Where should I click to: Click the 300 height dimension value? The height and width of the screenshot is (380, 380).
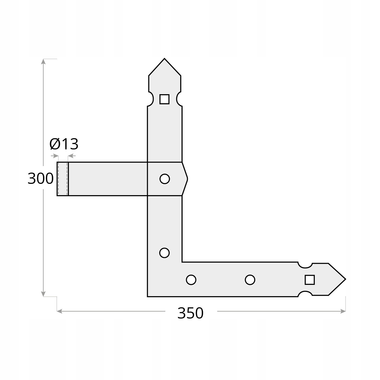coord(41,178)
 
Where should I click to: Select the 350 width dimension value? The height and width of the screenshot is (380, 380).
coord(190,313)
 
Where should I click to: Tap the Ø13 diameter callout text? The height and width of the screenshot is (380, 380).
coord(64,144)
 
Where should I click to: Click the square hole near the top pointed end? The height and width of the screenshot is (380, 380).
coord(164,99)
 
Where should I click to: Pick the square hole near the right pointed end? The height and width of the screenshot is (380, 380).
coord(310,280)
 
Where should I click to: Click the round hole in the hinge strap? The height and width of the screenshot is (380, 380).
coord(165,179)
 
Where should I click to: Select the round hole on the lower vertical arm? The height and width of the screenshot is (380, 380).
coord(164,253)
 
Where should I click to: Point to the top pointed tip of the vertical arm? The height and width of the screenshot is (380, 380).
coord(164,59)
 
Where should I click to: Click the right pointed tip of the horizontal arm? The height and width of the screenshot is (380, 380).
coord(345,279)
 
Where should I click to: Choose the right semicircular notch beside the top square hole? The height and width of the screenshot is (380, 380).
coord(179,99)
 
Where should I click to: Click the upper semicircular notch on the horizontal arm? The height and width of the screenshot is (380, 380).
coord(305,265)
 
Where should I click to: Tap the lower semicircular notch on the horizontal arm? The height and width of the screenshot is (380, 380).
coord(305,294)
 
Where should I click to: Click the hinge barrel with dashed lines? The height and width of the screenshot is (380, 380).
coord(63,179)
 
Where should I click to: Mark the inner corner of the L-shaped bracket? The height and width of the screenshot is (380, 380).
coord(182,262)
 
